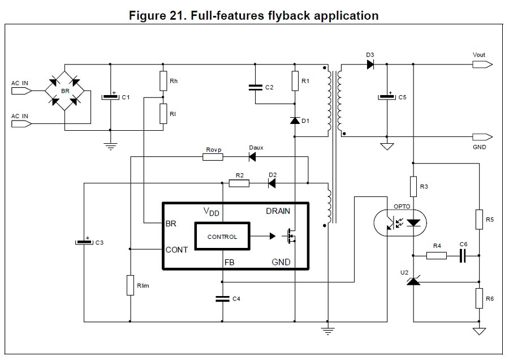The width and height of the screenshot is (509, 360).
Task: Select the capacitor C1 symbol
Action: [111, 97]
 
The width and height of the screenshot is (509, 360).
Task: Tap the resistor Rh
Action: [163, 80]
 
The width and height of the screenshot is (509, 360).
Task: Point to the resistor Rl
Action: [163, 113]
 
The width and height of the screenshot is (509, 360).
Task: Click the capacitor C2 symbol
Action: [255, 87]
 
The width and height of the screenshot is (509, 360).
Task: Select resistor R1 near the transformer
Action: [295, 82]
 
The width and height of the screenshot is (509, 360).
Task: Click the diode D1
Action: [295, 121]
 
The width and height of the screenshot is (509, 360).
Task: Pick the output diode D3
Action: [370, 65]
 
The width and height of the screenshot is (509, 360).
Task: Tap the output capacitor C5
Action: [387, 97]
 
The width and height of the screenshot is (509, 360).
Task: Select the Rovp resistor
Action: [213, 157]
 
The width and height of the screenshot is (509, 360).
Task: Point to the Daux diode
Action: [252, 157]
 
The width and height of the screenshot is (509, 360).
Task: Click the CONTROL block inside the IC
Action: [222, 237]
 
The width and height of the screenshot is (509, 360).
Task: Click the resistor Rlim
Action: [131, 285]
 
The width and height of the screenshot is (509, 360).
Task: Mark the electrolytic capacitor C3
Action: [84, 242]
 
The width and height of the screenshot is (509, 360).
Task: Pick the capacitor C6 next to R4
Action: [463, 256]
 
